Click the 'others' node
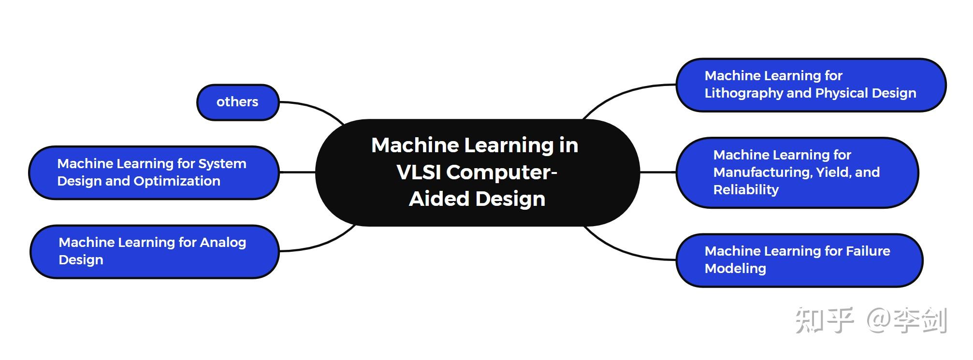click(237, 102)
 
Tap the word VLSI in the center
click(419, 172)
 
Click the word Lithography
click(744, 93)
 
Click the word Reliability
click(746, 189)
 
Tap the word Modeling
click(735, 268)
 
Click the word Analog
click(223, 242)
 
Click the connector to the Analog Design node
click(321, 244)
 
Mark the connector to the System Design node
click(297, 172)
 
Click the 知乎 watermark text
click(824, 320)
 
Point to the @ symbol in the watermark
click(878, 320)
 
